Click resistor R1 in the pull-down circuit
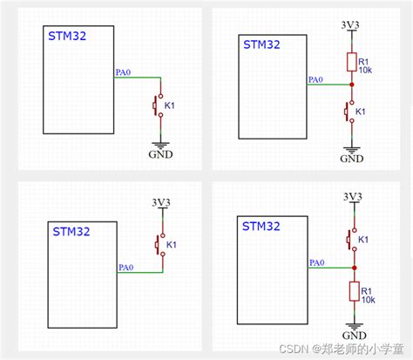pyautogui.click(x=353, y=293)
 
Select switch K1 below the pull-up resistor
pyautogui.click(x=351, y=112)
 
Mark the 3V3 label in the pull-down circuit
pyautogui.click(x=352, y=196)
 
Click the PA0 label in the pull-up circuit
pyautogui.click(x=316, y=80)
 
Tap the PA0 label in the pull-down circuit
pyautogui.click(x=316, y=262)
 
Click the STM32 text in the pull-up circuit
pyautogui.click(x=261, y=44)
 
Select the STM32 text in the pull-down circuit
pyautogui.click(x=261, y=226)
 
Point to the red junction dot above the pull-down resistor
pyautogui.click(x=352, y=267)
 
